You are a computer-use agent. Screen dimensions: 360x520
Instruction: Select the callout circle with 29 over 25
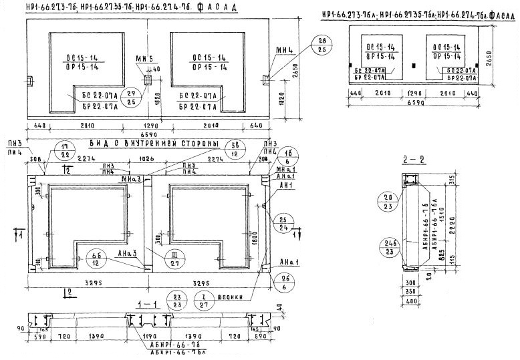[x=131, y=98]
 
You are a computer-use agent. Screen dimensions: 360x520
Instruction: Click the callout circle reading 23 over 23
[x=177, y=299]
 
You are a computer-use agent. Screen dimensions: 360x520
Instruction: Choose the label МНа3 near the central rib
[x=130, y=180]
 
